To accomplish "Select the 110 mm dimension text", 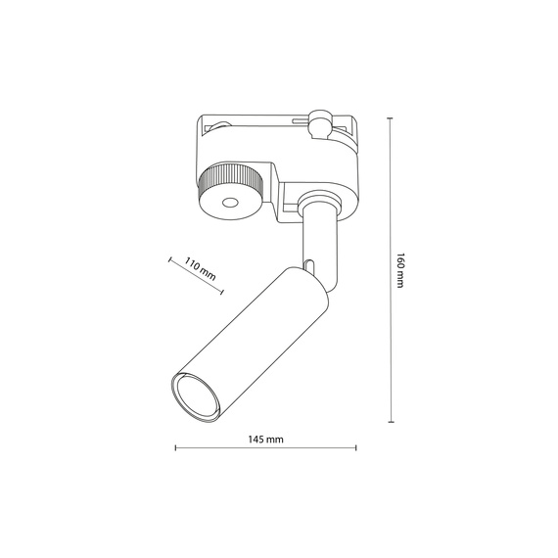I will coord(201,267).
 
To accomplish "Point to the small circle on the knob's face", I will coord(231,204).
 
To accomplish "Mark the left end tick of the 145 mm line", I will coord(175,449).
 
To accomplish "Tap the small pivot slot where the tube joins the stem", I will coord(309,265).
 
